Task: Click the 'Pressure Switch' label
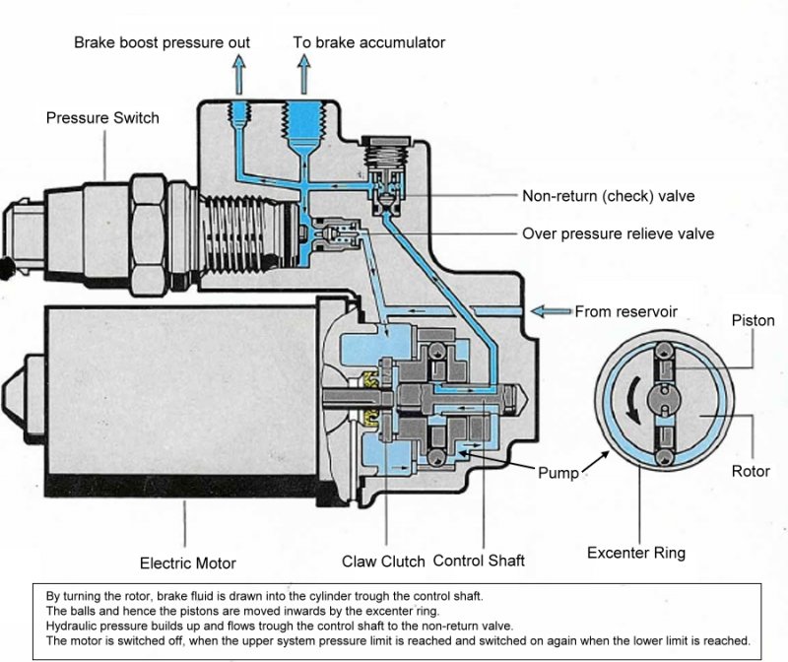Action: pos(102,117)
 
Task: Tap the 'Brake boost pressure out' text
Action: pos(162,42)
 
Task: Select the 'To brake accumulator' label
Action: pos(368,42)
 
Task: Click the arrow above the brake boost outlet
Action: pos(239,75)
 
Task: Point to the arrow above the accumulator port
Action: pos(303,75)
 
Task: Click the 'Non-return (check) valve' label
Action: pos(609,195)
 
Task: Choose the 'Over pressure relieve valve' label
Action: pos(619,233)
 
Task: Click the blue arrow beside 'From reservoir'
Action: pos(552,311)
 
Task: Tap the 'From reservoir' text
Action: pos(626,311)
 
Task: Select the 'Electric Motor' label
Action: pos(188,563)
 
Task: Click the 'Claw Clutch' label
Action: pos(383,561)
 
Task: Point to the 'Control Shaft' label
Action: pos(479,561)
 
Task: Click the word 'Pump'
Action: pos(558,473)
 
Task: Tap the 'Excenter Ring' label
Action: pos(636,553)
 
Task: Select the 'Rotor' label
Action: pos(751,471)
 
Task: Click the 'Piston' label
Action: pos(753,320)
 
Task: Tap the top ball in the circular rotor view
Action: pos(664,350)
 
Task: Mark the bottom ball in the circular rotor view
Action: pos(664,457)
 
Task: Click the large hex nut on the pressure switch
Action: pos(149,235)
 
